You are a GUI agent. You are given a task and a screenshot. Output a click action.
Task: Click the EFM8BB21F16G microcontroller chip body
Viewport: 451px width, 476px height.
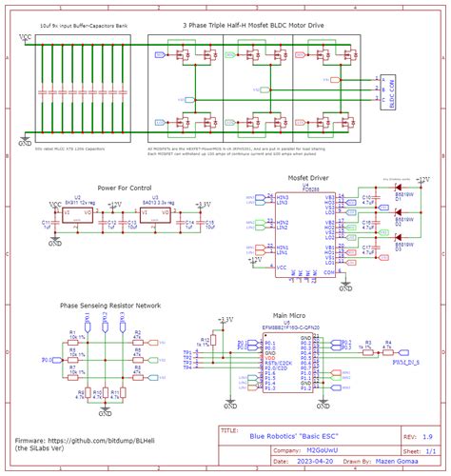click(x=286, y=363)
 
